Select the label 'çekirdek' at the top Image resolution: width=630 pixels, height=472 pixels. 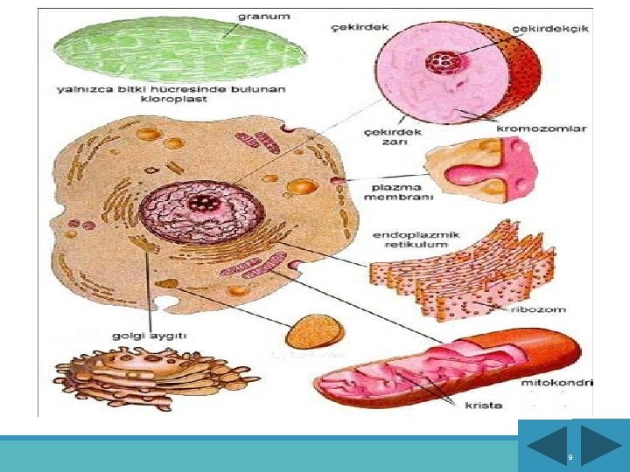(x=359, y=27)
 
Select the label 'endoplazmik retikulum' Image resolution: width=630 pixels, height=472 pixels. (x=416, y=239)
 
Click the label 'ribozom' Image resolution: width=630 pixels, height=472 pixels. (x=543, y=309)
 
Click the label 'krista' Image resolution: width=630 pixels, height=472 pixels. (x=484, y=406)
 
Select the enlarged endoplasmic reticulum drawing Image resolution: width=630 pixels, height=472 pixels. (x=459, y=267)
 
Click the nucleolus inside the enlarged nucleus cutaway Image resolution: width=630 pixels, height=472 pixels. (x=438, y=62)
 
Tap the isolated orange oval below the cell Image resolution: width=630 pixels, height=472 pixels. (x=315, y=333)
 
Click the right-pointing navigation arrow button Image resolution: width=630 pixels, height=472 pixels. (x=600, y=445)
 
